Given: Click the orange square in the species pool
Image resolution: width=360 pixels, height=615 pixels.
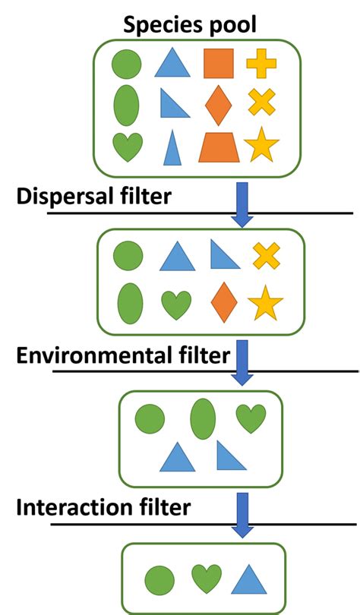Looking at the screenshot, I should (218, 63).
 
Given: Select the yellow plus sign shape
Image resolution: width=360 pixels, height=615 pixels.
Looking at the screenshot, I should (261, 63).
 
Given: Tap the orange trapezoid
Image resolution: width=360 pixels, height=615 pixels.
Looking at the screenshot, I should (219, 147).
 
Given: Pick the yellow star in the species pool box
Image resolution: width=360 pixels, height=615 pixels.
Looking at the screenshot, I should (261, 146).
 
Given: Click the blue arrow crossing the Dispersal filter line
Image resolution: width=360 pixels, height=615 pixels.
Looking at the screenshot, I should (242, 203).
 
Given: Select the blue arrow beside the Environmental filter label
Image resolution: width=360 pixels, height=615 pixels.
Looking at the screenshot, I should (242, 362).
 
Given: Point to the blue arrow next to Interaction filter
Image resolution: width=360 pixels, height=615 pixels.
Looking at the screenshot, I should (242, 514).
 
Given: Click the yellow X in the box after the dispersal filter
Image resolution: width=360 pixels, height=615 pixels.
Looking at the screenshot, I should (266, 256).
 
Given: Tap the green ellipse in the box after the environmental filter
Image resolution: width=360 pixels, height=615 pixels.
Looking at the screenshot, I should (202, 418).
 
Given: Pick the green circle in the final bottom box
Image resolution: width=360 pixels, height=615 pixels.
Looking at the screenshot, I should (157, 579).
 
